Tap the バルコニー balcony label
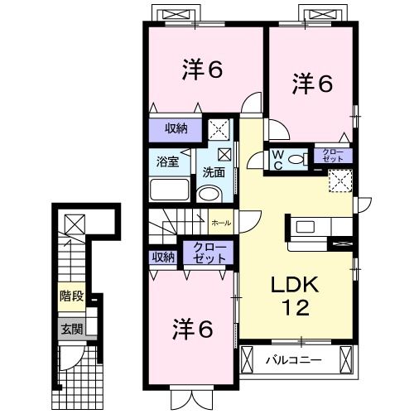point(294,361)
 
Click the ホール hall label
point(221,224)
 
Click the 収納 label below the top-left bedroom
point(175,128)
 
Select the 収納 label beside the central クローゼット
point(163,258)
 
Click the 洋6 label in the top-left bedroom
point(201,70)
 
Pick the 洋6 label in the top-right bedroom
point(312,83)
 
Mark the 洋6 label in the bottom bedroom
point(193,329)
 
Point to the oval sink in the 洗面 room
point(210,195)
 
